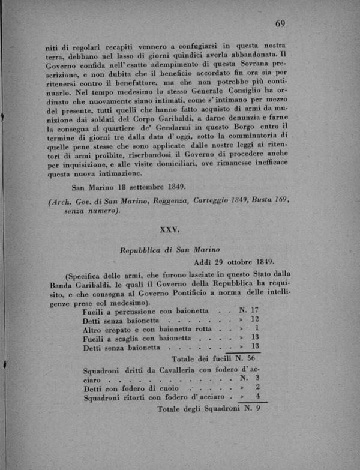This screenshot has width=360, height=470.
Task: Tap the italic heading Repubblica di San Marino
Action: (170, 250)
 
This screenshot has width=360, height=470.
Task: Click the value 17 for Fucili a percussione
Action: (256, 311)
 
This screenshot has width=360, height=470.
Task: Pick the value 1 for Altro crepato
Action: (256, 328)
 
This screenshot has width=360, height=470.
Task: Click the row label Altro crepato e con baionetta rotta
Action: (149, 329)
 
